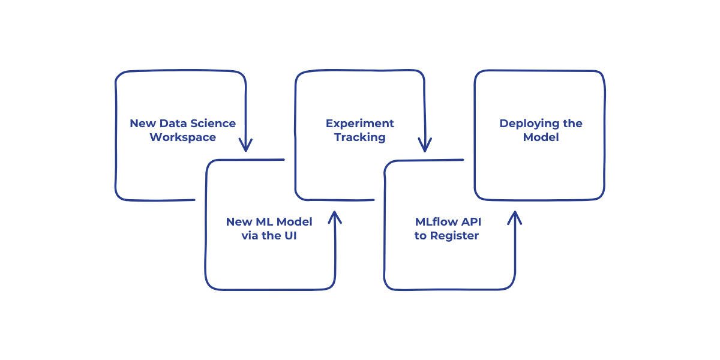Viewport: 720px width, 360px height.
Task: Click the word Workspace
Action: click(x=182, y=137)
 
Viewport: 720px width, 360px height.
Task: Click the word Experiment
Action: click(x=359, y=124)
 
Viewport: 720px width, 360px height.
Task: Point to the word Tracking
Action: click(x=359, y=137)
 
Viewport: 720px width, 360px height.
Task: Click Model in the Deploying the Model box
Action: click(x=541, y=137)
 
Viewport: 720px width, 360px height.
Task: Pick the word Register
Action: click(x=454, y=236)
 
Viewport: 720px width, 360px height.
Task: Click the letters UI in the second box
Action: click(x=290, y=236)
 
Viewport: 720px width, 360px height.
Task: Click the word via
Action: click(x=250, y=236)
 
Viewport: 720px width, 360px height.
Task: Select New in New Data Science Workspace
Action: click(x=142, y=124)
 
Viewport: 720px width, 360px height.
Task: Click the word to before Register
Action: click(x=420, y=236)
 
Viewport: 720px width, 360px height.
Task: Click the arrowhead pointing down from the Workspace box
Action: click(x=245, y=146)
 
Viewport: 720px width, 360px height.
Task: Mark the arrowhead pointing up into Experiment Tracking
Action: click(x=334, y=217)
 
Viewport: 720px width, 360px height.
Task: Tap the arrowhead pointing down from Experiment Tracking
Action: click(x=425, y=146)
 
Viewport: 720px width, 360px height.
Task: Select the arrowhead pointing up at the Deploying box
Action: click(x=514, y=217)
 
